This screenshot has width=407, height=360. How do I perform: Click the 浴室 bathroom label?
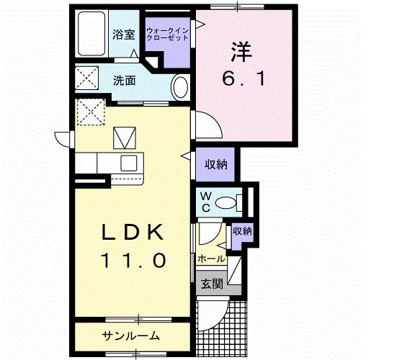(124, 34)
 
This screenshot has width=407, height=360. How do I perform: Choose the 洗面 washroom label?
(125, 81)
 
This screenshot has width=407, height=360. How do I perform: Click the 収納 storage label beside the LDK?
(216, 165)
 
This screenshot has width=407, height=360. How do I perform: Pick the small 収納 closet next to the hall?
(242, 232)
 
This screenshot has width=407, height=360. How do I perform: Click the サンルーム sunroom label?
(130, 336)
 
